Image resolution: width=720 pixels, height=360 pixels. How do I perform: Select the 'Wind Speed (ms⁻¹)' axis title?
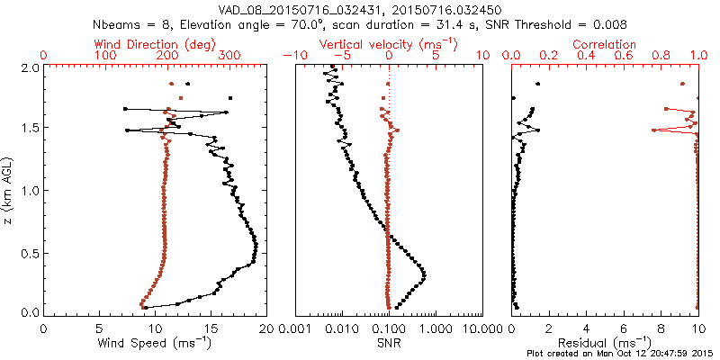(154, 343)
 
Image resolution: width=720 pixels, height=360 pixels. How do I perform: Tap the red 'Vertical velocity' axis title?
(373, 44)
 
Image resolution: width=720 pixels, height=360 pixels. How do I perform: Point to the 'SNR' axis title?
(388, 343)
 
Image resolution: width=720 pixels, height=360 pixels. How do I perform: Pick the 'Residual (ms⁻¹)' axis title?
(605, 343)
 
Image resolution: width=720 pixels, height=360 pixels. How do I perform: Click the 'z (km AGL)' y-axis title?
(9, 190)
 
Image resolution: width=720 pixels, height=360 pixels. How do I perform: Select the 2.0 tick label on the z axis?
(31, 67)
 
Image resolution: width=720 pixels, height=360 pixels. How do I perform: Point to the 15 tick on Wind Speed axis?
(211, 329)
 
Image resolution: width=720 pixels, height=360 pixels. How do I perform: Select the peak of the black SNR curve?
(424, 274)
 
